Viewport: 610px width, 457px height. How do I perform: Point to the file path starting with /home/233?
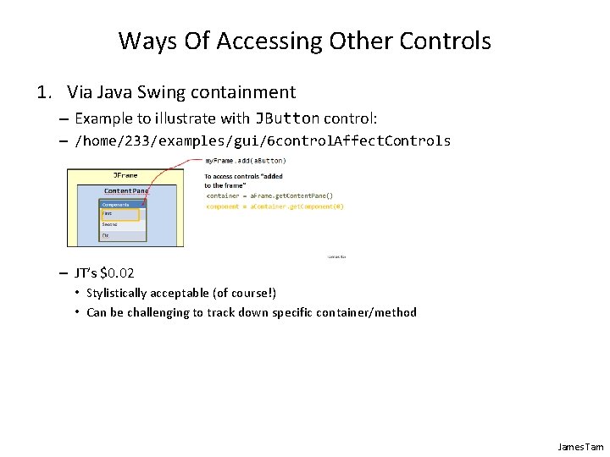263,140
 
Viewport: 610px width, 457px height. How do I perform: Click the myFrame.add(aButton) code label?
246,160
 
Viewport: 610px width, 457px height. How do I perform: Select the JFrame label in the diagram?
125,175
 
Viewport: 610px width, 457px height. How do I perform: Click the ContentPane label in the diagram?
125,191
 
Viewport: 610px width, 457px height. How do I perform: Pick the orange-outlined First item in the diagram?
119,214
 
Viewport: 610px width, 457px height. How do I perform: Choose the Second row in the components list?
110,224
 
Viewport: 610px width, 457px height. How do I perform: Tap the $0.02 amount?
117,273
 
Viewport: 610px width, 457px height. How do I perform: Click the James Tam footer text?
580,446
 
